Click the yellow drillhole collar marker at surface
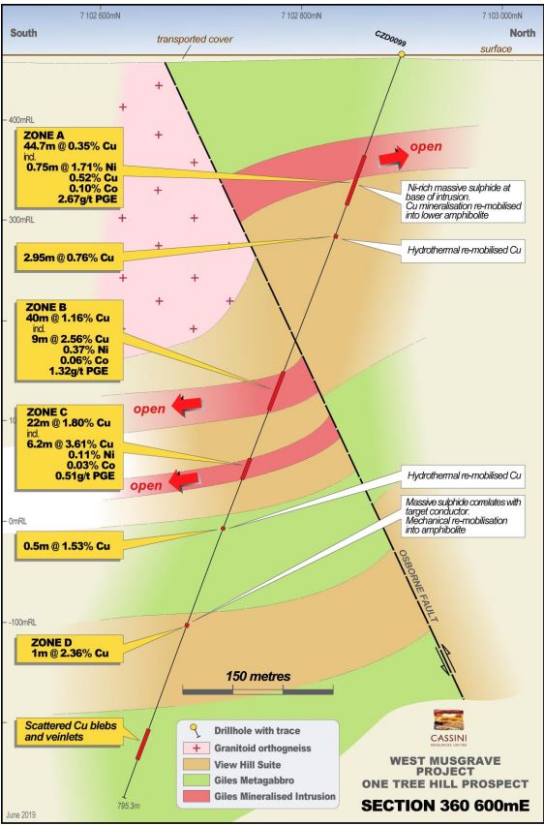tap(402, 53)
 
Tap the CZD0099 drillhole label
tap(390, 38)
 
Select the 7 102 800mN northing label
tap(301, 15)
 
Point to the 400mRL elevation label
tap(21, 120)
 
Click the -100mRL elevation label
tap(22, 623)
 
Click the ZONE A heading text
tap(45, 136)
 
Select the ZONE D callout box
tap(70, 648)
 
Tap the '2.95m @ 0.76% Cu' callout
tap(69, 258)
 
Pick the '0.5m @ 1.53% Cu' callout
tap(70, 545)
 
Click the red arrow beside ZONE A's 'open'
tap(394, 155)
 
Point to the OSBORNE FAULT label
tap(418, 586)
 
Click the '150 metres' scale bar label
tap(258, 676)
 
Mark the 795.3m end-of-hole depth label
tap(128, 806)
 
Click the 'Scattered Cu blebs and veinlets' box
tap(71, 731)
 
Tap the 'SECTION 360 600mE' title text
tap(445, 805)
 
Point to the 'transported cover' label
tap(195, 39)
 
